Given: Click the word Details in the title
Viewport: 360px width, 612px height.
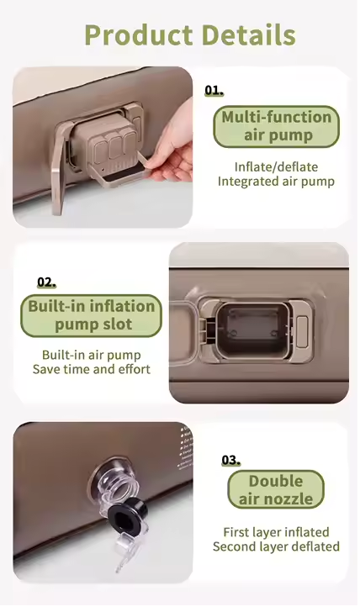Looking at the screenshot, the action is coord(249,35).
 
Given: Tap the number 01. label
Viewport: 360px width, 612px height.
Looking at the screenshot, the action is coord(214,91).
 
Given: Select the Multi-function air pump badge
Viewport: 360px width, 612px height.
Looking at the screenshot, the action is coord(277,126).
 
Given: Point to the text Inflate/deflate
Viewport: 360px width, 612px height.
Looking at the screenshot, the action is coord(276,166).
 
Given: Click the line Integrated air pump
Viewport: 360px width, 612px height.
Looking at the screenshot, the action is coord(276,182).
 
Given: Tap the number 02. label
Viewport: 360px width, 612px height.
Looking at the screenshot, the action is coord(46,282).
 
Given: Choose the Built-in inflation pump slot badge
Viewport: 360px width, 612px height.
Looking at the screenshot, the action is coord(92,315).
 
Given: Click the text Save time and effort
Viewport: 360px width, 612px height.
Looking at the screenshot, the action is coord(92,369).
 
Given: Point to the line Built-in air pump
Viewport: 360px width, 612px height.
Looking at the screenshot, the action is coord(92,355).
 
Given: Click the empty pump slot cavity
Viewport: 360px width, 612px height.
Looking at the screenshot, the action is coord(254,330).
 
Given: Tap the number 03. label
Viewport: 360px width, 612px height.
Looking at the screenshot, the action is coord(231,460).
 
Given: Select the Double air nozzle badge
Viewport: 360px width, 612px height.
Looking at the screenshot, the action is coord(276,489).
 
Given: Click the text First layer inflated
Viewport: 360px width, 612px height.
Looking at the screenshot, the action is coord(276,532).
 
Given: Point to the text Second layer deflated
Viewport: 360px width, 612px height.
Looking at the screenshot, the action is coord(276,546).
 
